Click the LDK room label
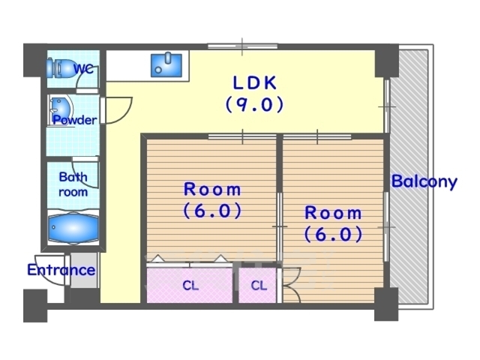point(255,82)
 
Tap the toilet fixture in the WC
point(61,68)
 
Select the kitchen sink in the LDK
point(166,65)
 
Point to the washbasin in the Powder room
point(61,109)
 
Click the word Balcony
point(424,181)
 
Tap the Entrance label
point(61,270)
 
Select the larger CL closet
point(190,285)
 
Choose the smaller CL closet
point(257,285)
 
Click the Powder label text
point(75,120)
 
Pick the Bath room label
point(73,184)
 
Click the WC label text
point(84,69)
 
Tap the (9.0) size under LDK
point(255,104)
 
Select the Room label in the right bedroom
point(333,213)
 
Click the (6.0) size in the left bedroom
point(213,211)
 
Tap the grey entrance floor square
point(84,270)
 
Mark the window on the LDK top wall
point(242,46)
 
